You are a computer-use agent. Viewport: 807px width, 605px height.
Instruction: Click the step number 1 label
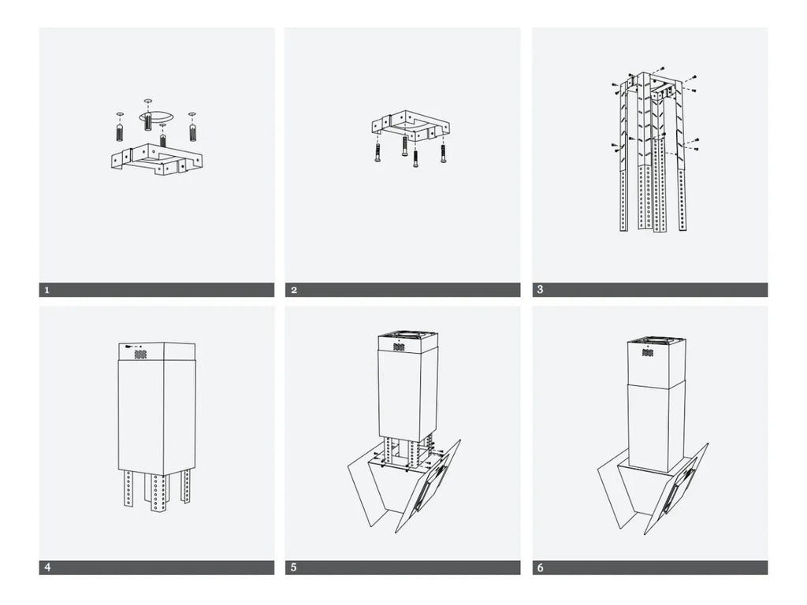[46, 290]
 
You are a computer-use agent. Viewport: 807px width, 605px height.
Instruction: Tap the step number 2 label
[294, 290]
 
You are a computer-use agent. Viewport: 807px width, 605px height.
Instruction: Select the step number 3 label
[540, 290]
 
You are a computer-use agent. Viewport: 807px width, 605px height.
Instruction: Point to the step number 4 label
[46, 567]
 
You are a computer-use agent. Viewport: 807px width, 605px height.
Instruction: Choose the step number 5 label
[294, 567]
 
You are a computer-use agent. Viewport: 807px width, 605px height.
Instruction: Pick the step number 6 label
[540, 567]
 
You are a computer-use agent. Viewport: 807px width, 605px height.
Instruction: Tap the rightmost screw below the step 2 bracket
[444, 153]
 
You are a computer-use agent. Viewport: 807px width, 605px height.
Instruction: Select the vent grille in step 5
[399, 347]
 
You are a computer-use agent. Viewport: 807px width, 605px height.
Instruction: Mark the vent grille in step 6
[646, 351]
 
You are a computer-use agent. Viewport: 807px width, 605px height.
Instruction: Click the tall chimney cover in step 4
[156, 418]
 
